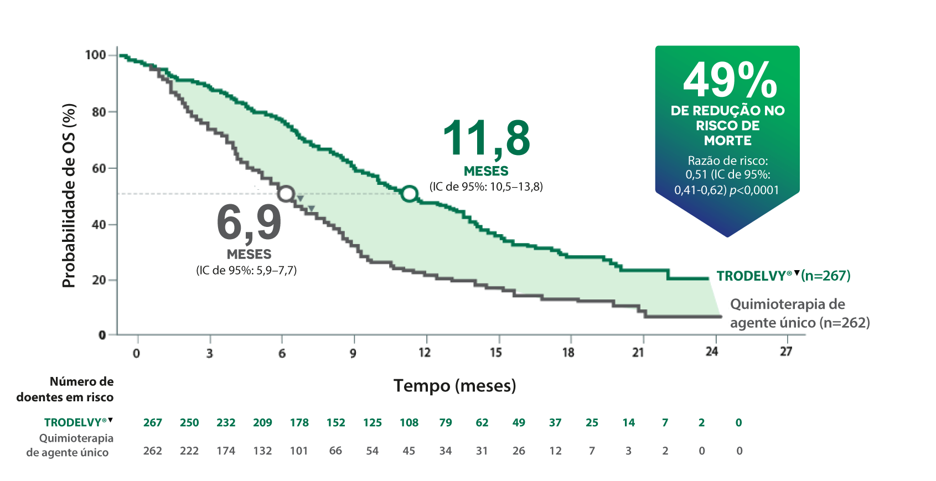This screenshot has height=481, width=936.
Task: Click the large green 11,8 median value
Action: pos(486,138)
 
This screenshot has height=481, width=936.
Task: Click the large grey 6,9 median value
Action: pos(249,223)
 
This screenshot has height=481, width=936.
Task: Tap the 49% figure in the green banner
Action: pos(730,80)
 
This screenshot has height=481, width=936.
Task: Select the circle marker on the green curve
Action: pos(410,194)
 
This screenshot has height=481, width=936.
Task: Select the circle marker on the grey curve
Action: pos(286,194)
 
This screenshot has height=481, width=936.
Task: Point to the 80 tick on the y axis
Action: pos(100,112)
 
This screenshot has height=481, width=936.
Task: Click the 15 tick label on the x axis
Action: pos(496,353)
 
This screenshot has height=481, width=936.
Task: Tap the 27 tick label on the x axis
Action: pos(786,351)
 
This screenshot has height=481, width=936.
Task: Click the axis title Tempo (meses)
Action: pos(454,385)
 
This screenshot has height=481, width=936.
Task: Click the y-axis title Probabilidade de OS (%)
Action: pos(69,195)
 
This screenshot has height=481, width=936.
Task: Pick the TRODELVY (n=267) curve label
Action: pos(783,276)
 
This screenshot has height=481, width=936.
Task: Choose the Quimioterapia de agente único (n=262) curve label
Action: pos(799,313)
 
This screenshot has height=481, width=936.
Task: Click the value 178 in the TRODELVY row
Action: pos(299,423)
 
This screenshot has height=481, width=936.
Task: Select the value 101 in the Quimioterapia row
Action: pos(299,451)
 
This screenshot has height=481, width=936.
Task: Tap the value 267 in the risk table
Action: pos(153,423)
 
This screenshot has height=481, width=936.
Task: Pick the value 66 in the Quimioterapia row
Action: pos(335,451)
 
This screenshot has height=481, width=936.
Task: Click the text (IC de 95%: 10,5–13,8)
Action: pos(486,187)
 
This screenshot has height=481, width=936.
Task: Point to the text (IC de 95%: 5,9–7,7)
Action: pos(246,271)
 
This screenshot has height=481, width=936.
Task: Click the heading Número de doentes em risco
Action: pos(65,389)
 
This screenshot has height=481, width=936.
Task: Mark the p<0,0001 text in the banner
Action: pos(754,190)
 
